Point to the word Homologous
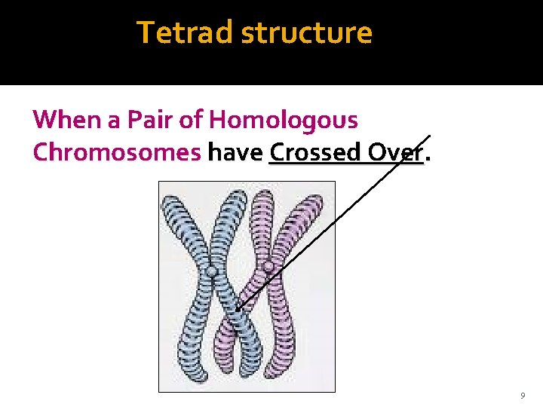284,120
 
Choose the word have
235,152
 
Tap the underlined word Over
397,152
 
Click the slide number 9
522,396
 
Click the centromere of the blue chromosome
213,271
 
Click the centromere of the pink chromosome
268,266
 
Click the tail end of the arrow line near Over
430,136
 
